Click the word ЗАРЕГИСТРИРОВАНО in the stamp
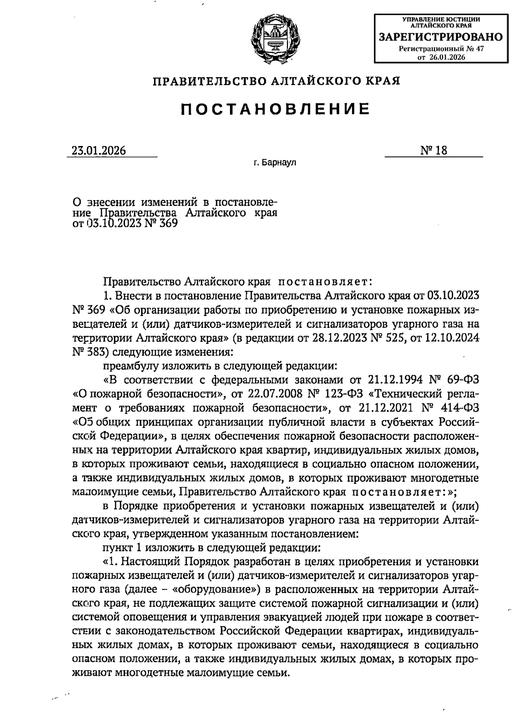(x=441, y=38)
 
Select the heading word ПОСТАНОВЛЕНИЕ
(x=275, y=109)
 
